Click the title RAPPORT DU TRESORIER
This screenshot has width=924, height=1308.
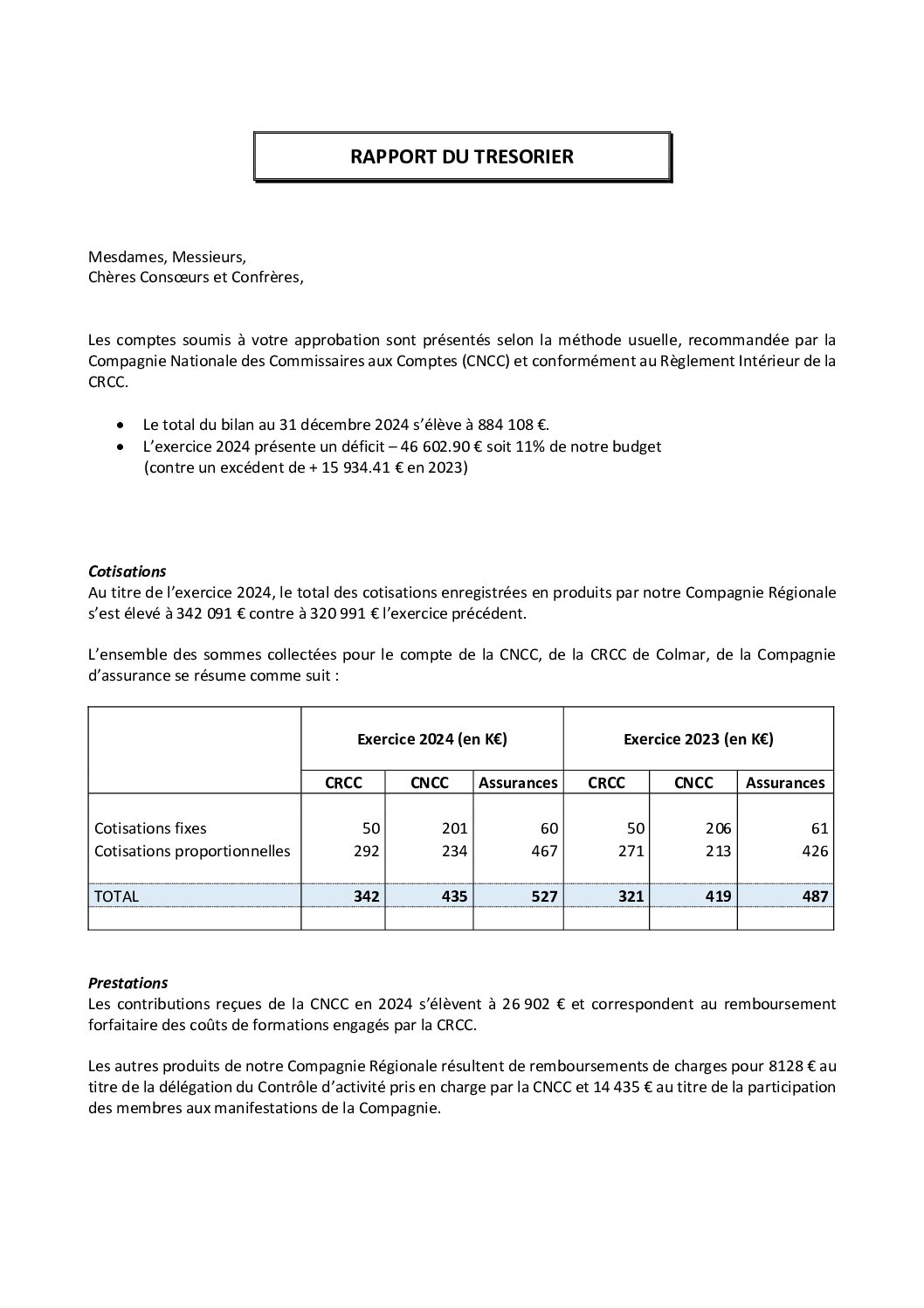click(x=461, y=156)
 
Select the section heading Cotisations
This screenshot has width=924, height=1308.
click(x=127, y=571)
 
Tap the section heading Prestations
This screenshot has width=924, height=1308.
click(x=128, y=983)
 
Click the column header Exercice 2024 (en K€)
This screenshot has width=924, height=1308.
click(x=432, y=739)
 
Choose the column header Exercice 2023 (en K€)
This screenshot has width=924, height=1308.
click(x=698, y=739)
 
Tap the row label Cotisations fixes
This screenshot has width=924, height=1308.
click(x=150, y=828)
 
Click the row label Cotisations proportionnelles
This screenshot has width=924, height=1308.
click(x=192, y=851)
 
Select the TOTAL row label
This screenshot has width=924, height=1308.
click(x=116, y=896)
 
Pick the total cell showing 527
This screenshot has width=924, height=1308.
click(x=543, y=896)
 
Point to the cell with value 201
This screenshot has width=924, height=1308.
click(x=454, y=828)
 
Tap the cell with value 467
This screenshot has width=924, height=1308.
click(x=543, y=851)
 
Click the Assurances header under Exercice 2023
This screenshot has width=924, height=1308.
click(x=784, y=783)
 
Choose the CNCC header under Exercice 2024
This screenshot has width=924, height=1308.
click(x=429, y=783)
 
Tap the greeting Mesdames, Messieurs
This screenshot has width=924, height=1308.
click(x=167, y=257)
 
